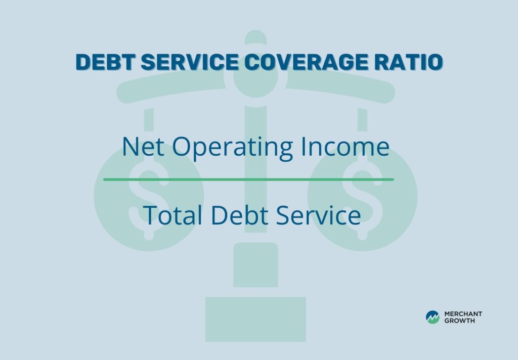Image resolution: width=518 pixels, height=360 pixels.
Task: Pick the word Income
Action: click(344, 147)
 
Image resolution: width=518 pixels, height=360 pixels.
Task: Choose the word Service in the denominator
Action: click(319, 216)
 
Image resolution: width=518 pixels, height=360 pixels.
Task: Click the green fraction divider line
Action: click(248, 179)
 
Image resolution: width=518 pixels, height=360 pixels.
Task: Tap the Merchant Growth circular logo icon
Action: click(433, 317)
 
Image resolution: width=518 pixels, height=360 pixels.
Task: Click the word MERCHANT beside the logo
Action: click(463, 314)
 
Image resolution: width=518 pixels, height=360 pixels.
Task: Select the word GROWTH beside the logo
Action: click(459, 321)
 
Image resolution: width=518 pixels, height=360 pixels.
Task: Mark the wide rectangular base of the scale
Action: click(255, 319)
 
